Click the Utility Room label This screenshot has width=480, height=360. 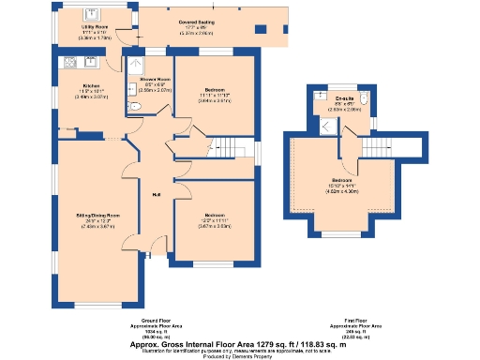coord(80,27)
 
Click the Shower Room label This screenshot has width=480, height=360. coord(155,80)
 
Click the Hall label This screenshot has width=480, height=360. coord(156,194)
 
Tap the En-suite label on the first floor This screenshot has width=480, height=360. coord(344,98)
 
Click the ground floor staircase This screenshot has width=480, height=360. coord(223,147)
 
